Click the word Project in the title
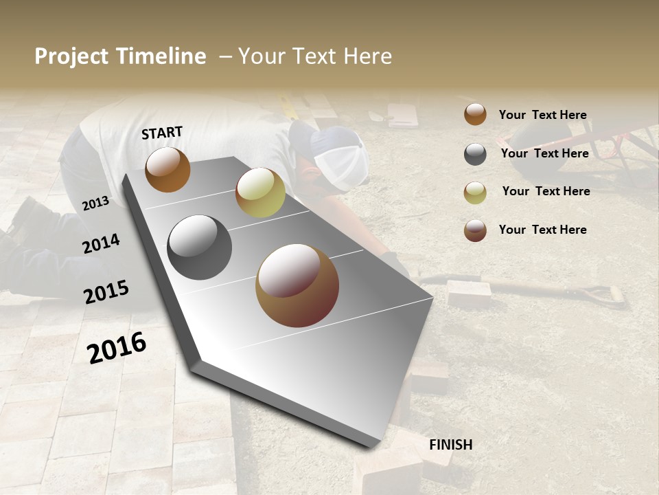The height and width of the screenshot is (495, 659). (x=71, y=56)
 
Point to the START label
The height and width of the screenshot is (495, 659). (x=162, y=133)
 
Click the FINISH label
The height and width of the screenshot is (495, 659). (x=450, y=445)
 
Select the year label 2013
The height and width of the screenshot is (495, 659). (x=95, y=203)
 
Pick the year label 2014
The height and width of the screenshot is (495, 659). (x=101, y=243)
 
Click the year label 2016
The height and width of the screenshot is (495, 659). (x=117, y=347)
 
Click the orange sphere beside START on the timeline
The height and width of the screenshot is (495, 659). (x=167, y=169)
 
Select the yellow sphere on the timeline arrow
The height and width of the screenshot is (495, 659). (x=260, y=192)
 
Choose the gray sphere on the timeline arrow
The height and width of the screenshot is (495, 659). (x=200, y=247)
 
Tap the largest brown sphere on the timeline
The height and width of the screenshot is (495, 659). (x=297, y=285)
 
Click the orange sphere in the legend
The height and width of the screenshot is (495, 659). (x=475, y=115)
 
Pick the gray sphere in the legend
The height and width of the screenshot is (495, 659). (x=475, y=154)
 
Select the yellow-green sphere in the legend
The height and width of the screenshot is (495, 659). (x=475, y=192)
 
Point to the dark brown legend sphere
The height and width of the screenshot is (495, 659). (x=475, y=230)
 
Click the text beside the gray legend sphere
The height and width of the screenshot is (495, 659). (x=544, y=153)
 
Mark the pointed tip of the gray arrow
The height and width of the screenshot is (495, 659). (x=374, y=445)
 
